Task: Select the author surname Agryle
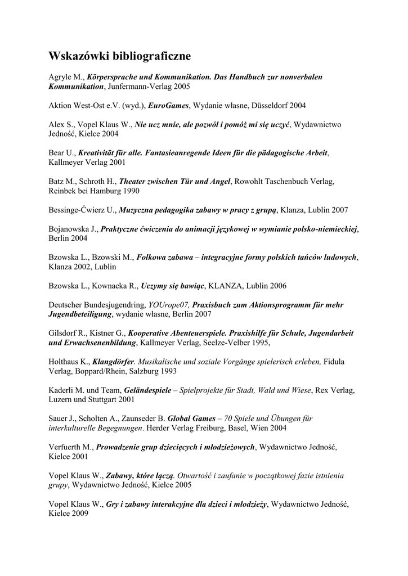pos(61,76)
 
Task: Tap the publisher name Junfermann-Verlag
pos(141,87)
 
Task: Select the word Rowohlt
pos(251,181)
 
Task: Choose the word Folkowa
pos(153,257)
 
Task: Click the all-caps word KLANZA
pos(225,286)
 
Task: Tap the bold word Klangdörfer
pos(114,362)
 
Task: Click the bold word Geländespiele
pos(147,390)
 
